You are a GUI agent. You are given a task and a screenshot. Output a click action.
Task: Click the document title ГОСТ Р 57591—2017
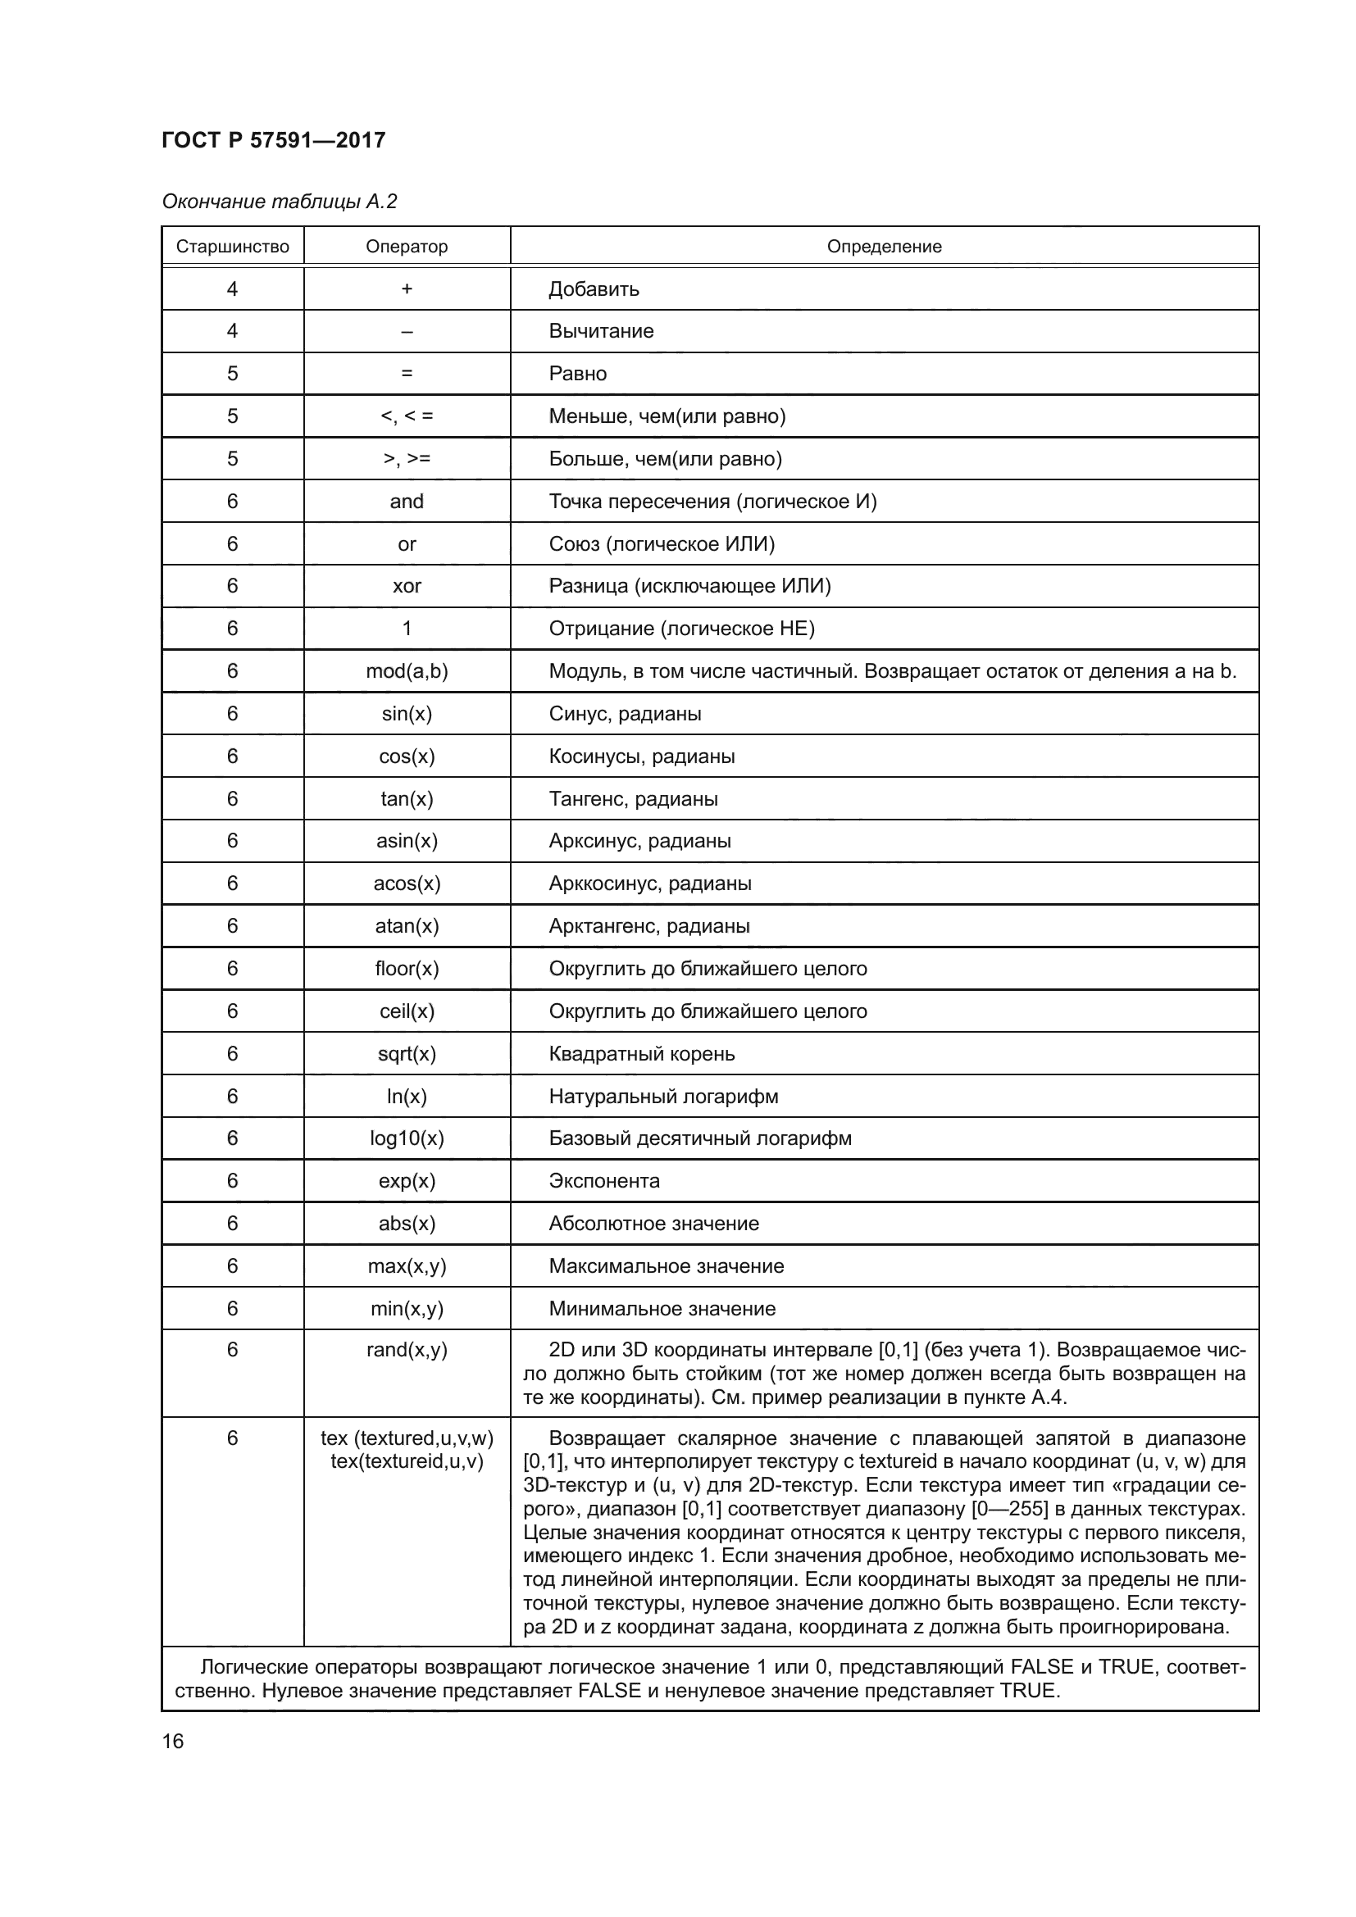273,140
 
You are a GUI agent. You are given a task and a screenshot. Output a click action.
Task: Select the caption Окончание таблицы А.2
279,202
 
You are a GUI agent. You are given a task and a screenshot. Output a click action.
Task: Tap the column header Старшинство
232,247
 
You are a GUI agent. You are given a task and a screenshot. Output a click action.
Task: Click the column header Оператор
407,247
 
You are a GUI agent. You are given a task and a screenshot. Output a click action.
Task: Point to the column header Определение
884,247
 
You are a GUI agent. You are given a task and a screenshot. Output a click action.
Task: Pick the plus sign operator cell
407,288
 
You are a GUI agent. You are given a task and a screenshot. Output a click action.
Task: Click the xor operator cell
407,586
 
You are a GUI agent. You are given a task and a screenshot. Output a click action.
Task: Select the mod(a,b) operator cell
407,671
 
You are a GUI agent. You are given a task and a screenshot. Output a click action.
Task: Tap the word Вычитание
600,331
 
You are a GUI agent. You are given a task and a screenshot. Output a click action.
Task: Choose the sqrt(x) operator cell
407,1054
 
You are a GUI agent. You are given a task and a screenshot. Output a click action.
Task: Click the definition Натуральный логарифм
663,1097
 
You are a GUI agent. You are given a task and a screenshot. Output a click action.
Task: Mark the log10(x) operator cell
407,1139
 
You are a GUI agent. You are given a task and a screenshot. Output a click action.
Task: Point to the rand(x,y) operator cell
407,1350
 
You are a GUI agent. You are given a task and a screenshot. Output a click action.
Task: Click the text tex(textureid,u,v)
407,1462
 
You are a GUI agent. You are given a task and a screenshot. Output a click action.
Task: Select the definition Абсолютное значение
653,1223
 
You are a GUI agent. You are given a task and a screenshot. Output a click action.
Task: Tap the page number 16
173,1742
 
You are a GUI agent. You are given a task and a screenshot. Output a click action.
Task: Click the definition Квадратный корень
641,1054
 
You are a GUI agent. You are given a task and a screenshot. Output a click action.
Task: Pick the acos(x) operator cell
407,884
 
